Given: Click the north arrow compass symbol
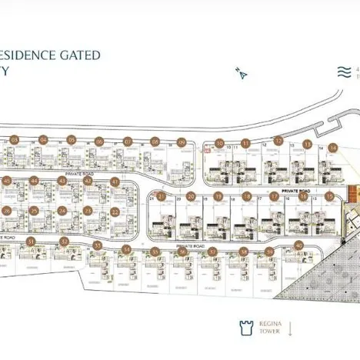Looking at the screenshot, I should [242, 74].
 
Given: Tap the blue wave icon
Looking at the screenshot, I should [344, 73].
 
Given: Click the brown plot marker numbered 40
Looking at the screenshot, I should [298, 245].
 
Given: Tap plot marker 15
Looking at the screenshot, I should [330, 196].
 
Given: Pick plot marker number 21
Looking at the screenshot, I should [162, 196].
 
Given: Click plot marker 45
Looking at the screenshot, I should [6, 181].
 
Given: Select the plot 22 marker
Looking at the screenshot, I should [115, 211].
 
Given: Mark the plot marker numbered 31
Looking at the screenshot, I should [32, 242].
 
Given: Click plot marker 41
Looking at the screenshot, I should [115, 182].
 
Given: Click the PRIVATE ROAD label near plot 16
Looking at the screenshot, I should [295, 189].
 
